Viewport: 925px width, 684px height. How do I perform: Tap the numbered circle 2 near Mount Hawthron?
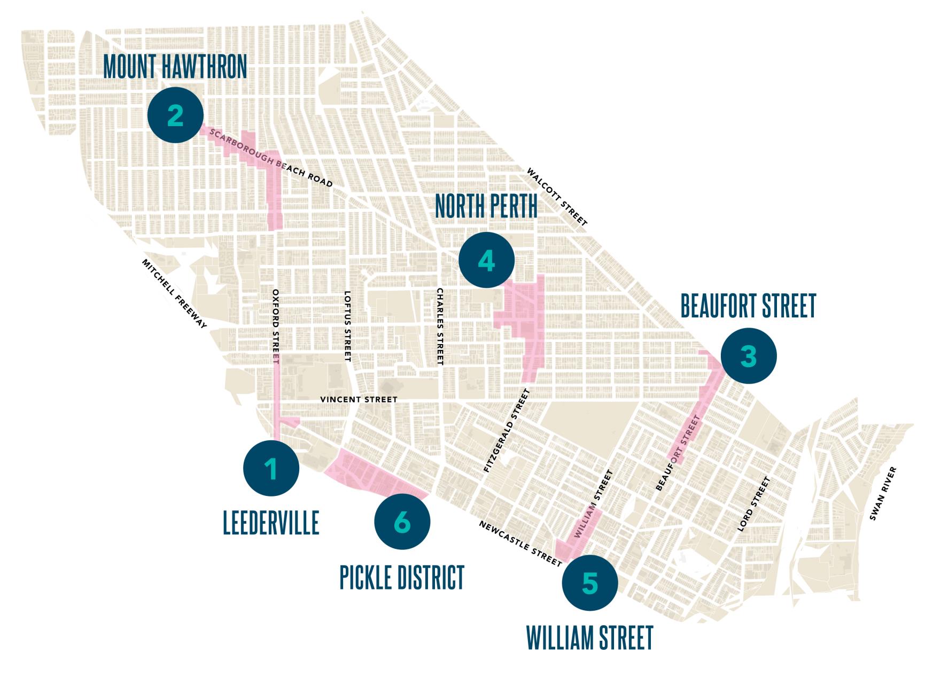pos(176,115)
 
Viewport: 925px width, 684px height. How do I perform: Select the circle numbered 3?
pos(748,356)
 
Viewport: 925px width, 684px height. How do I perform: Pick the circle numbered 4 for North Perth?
pos(486,261)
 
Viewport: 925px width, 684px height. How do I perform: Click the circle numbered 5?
pos(590,583)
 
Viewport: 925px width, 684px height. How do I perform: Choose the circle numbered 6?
pos(402,522)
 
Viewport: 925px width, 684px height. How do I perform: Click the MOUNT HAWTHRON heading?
pos(175,67)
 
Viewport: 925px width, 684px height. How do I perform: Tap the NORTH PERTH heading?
pos(486,206)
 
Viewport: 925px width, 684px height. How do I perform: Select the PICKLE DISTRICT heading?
pos(402,577)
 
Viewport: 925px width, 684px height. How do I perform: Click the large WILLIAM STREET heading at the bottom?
pos(589,638)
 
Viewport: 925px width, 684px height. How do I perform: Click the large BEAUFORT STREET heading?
pos(748,306)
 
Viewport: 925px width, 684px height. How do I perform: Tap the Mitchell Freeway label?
pos(174,294)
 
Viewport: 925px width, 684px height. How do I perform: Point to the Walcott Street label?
pos(557,197)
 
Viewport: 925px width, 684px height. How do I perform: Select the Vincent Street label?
pos(359,399)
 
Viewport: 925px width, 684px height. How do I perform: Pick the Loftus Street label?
pos(347,326)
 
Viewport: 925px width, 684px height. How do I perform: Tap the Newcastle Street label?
pos(520,543)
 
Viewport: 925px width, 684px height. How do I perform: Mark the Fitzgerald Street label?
pos(506,431)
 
